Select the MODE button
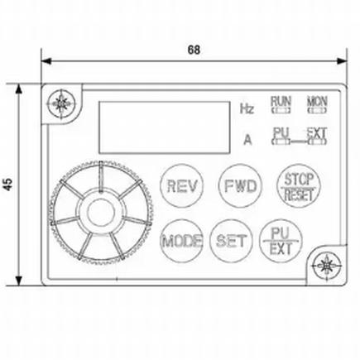(181, 242)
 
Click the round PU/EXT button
(281, 241)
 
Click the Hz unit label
(247, 108)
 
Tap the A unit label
(247, 139)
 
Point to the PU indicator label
(281, 131)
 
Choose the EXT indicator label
(317, 131)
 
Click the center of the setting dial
(98, 209)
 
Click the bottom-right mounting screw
(327, 266)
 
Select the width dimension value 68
(193, 48)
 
